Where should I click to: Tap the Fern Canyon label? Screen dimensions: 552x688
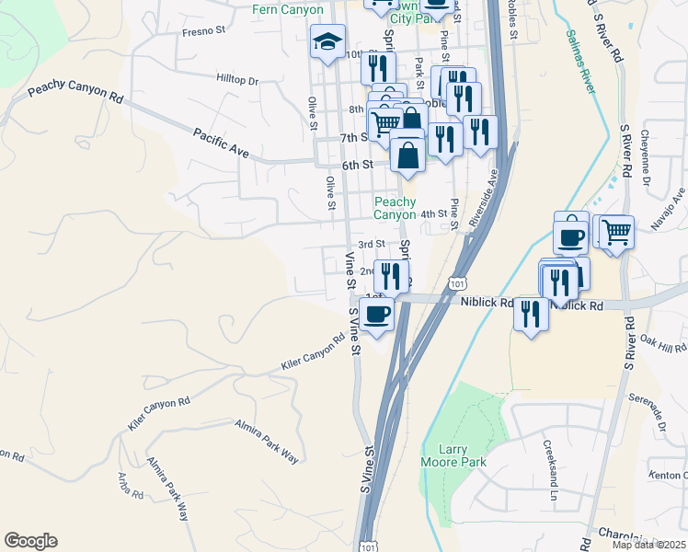288,10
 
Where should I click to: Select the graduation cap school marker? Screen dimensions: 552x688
327,42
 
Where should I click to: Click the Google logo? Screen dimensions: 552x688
30,541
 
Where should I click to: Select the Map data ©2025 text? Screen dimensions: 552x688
648,545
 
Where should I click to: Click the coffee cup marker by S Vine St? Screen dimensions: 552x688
375,315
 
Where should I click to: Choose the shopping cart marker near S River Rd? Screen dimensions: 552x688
615,231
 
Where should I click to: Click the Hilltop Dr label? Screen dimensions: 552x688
237,80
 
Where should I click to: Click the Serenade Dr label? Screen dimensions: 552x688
648,413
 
